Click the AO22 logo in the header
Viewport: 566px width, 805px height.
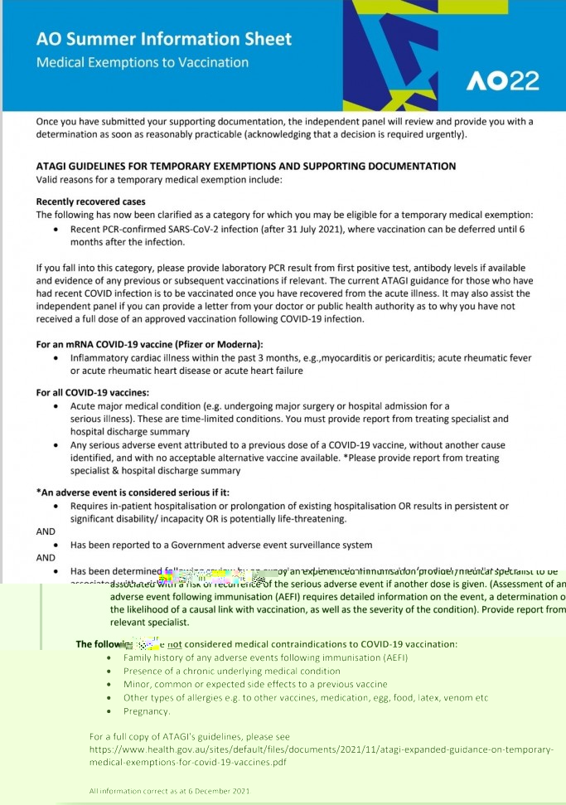502,80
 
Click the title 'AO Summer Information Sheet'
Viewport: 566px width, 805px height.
164,39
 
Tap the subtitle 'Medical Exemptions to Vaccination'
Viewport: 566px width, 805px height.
142,62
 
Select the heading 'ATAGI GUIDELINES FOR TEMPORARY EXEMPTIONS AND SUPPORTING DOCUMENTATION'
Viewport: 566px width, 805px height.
245,166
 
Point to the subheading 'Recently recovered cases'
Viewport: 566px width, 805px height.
90,201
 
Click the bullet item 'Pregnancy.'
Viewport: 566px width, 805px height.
147,711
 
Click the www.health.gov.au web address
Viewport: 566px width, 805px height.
320,749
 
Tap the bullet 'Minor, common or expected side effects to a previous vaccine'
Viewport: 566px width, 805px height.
255,684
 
